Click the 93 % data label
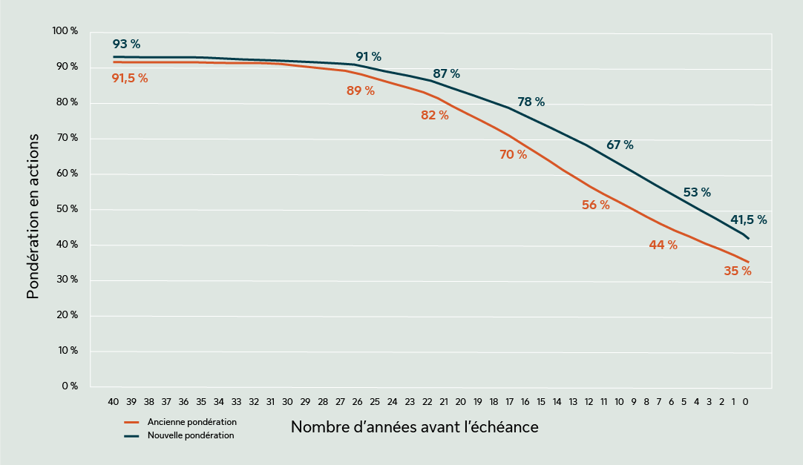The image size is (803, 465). point(126,44)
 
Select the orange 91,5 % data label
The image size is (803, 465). point(130,78)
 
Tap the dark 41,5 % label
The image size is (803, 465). point(748,220)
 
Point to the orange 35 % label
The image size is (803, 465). point(737,271)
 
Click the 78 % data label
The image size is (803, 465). point(531,102)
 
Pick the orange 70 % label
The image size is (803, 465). point(513,155)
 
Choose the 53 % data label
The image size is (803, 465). point(696,193)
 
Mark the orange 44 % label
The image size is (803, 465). point(663,245)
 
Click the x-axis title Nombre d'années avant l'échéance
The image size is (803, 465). point(414,428)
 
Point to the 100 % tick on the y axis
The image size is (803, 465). point(65,31)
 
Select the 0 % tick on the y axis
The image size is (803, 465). point(69,386)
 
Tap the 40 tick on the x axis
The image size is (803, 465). point(114,401)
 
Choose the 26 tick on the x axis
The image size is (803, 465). point(357,401)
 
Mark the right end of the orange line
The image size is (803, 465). point(749,263)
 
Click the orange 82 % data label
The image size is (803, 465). point(434,116)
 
